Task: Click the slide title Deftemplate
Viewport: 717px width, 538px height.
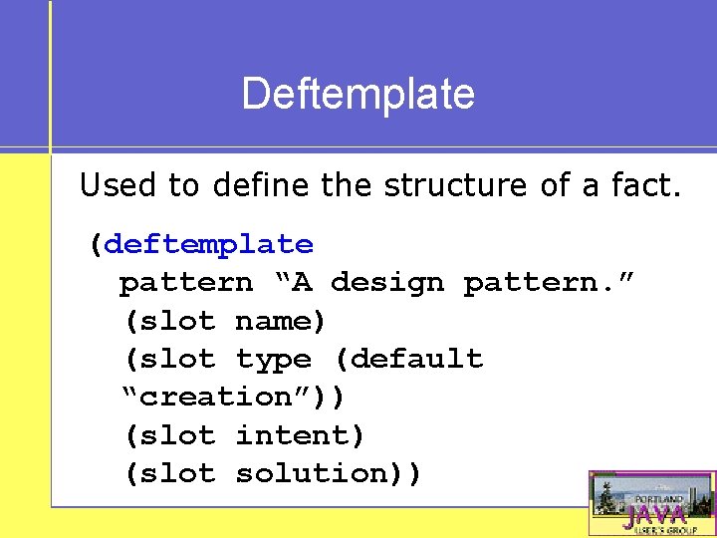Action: [x=358, y=94]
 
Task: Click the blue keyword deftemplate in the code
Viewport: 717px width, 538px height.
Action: [x=208, y=244]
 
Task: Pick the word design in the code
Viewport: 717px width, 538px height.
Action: [x=387, y=283]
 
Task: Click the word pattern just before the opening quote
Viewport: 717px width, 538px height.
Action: [x=186, y=283]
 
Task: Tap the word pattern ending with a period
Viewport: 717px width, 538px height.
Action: [x=539, y=283]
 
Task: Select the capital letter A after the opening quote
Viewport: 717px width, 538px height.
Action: [x=301, y=283]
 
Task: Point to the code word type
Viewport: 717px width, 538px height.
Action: [x=273, y=359]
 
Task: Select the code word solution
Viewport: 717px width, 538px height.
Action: [x=311, y=473]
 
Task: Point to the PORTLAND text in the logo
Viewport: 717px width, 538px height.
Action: [x=661, y=498]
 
